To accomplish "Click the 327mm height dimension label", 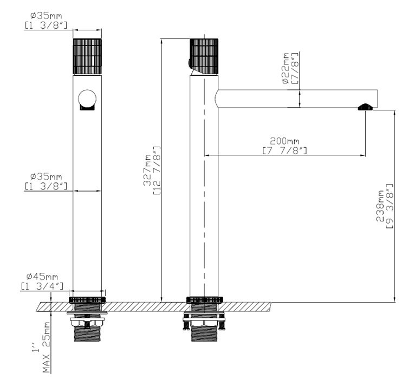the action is [147, 171].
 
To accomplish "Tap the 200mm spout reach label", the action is [284, 141].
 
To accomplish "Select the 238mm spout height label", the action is [380, 206].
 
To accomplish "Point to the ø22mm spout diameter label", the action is [286, 68].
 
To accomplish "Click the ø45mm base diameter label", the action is [42, 276].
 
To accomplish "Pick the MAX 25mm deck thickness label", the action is [46, 348].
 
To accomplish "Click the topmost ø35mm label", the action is [46, 16].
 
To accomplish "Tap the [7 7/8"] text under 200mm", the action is [284, 150].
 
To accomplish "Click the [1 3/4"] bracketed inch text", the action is [42, 286].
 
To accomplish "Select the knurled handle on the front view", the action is [87, 57].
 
